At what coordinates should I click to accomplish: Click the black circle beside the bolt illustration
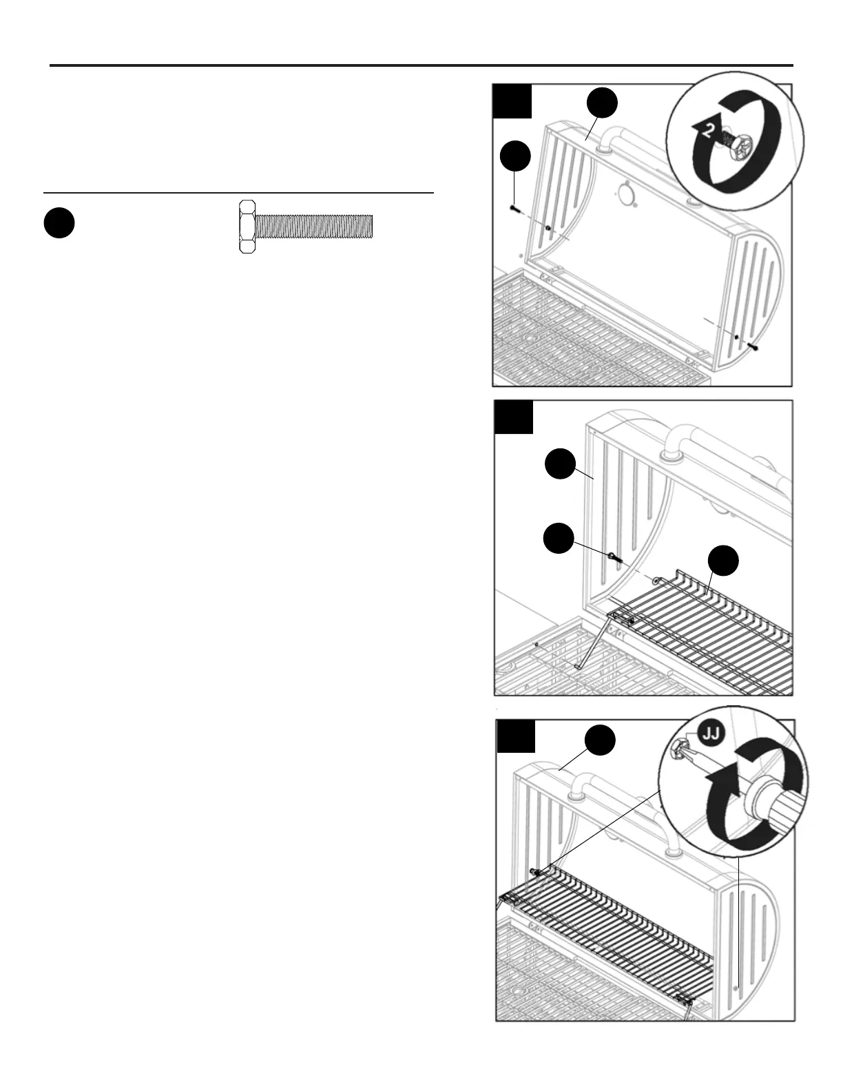(x=59, y=224)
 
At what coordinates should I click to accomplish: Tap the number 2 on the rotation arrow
(x=707, y=131)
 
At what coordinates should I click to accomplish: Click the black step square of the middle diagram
(x=514, y=417)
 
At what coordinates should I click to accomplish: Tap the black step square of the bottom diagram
(x=515, y=736)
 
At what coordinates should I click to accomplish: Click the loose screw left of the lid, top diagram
(x=512, y=207)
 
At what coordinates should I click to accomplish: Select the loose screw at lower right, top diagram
(x=754, y=347)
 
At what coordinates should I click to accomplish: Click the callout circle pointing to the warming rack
(x=724, y=561)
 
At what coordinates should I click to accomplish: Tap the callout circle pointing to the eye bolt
(x=559, y=538)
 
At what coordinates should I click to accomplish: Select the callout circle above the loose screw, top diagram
(x=516, y=156)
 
